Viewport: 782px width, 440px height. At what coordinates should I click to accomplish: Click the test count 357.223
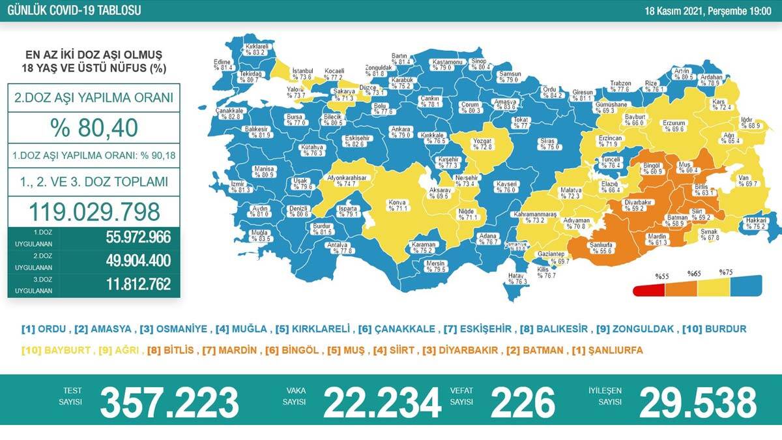click(169, 400)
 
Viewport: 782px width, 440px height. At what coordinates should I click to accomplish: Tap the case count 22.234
click(382, 400)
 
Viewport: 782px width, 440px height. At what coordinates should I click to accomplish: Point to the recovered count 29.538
click(698, 400)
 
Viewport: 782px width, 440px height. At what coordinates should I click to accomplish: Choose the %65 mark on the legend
click(694, 274)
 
